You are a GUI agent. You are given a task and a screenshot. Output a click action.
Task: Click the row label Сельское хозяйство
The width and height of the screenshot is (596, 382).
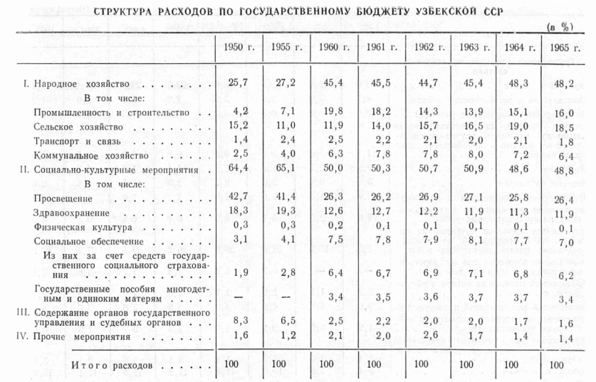pyautogui.click(x=78, y=126)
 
